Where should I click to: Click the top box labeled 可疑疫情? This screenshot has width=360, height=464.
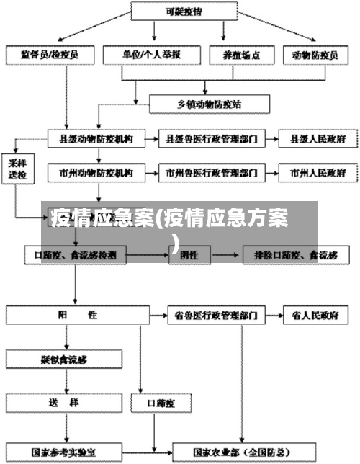(181, 12)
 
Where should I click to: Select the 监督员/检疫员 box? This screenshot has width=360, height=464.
(51, 54)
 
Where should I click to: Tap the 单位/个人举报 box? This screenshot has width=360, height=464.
(151, 54)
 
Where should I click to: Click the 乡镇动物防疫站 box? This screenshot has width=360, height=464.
(209, 104)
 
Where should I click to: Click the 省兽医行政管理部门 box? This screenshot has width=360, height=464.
(216, 315)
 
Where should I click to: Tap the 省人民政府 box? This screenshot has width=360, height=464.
(315, 315)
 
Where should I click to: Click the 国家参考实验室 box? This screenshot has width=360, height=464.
(64, 452)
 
